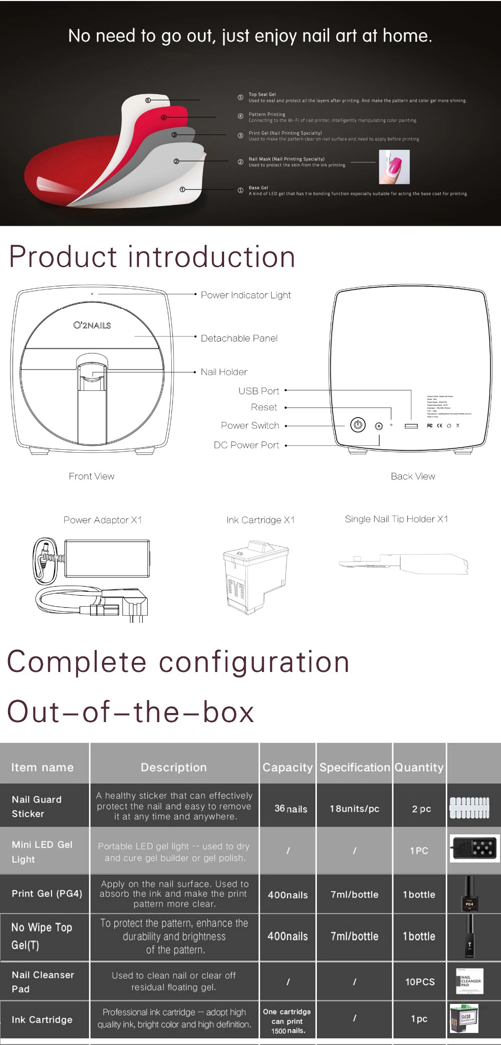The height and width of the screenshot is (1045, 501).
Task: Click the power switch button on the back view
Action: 357,425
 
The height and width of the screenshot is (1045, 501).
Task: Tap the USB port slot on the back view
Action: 411,426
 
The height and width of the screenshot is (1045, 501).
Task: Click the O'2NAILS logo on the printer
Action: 92,325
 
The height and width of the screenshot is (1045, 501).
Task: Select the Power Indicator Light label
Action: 245,295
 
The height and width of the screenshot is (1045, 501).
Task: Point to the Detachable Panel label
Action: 239,338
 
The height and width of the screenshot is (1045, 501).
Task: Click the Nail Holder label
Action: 224,372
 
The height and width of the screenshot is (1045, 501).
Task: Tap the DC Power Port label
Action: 246,445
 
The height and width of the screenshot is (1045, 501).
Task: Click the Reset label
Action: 264,407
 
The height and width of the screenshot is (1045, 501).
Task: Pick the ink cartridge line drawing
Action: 255,577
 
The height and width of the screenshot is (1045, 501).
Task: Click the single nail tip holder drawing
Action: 403,564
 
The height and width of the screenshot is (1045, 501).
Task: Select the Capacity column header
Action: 288,767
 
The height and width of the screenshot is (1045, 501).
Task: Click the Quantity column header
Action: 419,767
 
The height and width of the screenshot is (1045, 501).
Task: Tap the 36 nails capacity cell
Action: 291,809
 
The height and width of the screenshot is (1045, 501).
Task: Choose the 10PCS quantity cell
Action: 420,982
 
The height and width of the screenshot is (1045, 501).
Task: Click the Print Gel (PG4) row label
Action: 47,894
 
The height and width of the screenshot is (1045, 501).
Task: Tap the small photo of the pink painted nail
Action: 395,167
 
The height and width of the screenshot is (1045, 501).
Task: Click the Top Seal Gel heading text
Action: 262,94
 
